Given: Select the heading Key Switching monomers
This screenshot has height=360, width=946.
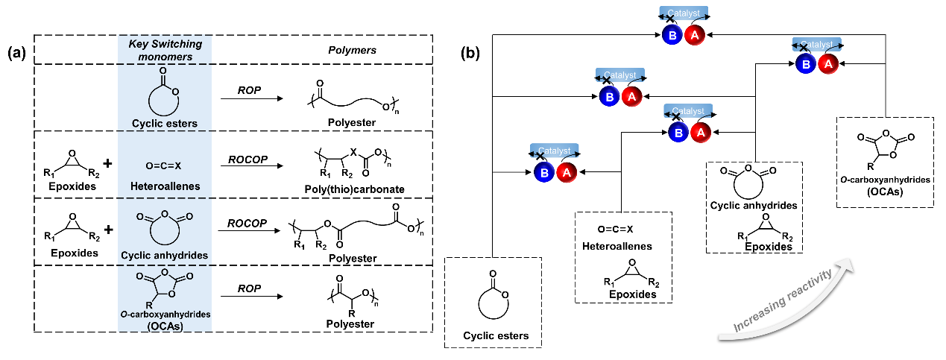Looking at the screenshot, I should pyautogui.click(x=165, y=50).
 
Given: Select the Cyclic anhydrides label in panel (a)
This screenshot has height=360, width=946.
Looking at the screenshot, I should pyautogui.click(x=165, y=253).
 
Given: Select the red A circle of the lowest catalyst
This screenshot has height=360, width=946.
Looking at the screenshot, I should pyautogui.click(x=566, y=172).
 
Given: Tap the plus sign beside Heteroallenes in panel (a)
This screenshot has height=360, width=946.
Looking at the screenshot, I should pyautogui.click(x=107, y=162).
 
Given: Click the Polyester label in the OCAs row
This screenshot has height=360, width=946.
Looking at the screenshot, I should pyautogui.click(x=350, y=324).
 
